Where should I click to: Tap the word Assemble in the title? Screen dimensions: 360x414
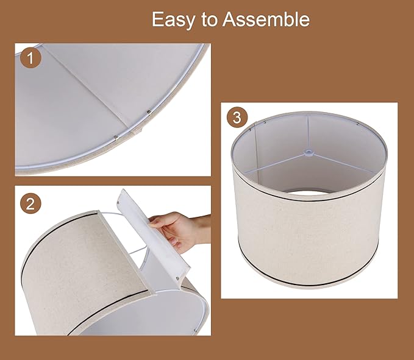266,19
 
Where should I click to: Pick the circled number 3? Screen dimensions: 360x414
237,118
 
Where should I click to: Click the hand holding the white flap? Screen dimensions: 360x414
175,231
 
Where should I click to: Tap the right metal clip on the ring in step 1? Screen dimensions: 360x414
150,111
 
